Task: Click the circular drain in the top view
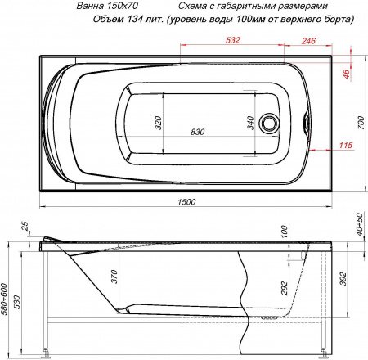[269, 124]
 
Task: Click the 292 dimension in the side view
[285, 288]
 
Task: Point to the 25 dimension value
[25, 226]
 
